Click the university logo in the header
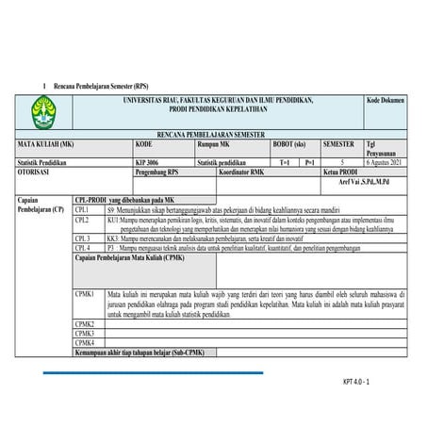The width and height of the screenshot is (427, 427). click(x=43, y=111)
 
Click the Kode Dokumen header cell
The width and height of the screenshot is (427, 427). click(x=385, y=100)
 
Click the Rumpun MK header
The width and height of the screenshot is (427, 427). click(x=213, y=144)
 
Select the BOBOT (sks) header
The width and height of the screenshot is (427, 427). click(x=289, y=144)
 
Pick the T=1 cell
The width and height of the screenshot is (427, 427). click(x=286, y=162)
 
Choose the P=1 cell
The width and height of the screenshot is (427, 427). click(x=309, y=162)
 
